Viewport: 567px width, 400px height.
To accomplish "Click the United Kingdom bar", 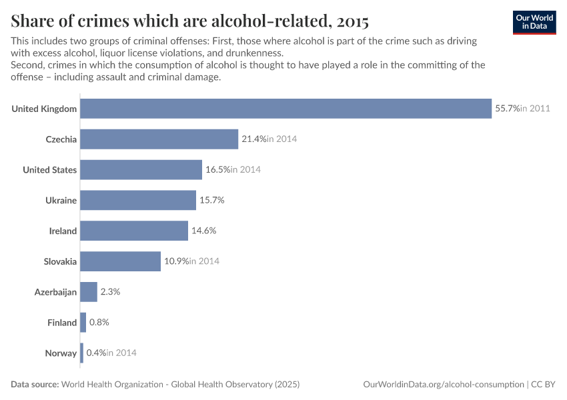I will point(286,109).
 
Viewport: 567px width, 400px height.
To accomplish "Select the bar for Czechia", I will point(159,139).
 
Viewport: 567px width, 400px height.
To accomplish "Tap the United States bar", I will point(141,170).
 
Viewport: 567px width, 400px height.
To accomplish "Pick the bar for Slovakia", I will point(120,261).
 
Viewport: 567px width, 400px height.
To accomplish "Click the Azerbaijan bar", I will point(89,292).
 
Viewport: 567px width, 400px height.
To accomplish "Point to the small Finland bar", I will point(83,323).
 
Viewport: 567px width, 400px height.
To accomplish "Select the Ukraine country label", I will point(61,201).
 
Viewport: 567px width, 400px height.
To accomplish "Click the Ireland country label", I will point(63,231).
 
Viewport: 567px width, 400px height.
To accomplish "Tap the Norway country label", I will point(61,353).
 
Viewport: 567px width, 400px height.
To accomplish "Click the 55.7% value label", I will point(506,109).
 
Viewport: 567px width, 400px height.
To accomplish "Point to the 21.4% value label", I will point(253,139).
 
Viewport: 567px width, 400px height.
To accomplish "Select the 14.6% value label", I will point(203,231).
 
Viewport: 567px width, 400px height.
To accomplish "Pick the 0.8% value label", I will point(99,323).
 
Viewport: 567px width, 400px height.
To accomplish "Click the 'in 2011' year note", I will point(535,109).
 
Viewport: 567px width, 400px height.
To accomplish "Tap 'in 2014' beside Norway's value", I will point(121,353).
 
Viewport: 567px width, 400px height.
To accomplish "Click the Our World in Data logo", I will point(534,22).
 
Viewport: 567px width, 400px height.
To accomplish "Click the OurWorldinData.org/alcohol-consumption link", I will point(443,385).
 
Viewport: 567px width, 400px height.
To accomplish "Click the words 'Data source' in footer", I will point(35,385).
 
